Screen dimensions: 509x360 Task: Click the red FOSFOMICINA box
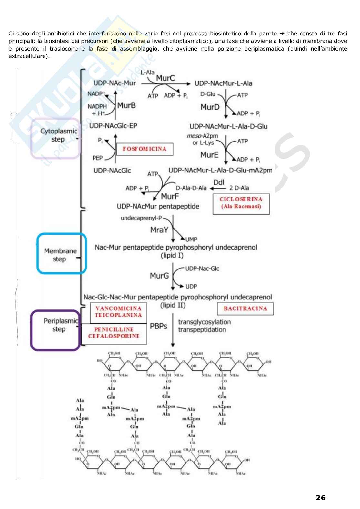145,149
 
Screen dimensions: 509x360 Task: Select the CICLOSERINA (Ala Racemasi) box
241,203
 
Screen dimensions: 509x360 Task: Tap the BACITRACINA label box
245,308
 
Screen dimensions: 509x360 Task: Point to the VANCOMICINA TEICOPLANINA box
118,312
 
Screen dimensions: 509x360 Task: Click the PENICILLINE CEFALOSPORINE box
114,333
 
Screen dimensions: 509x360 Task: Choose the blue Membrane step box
61,254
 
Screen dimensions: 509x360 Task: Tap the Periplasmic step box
55,329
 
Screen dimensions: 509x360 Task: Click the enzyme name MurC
165,78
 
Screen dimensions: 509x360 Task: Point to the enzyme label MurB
126,105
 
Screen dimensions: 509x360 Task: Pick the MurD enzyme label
210,107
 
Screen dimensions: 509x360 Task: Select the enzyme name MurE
209,155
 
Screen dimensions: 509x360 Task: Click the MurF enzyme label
170,196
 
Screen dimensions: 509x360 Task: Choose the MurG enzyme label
159,276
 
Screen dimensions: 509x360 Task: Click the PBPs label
159,326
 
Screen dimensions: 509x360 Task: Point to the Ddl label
219,182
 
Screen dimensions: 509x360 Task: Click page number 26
320,498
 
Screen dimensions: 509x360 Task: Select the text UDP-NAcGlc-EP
113,126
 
